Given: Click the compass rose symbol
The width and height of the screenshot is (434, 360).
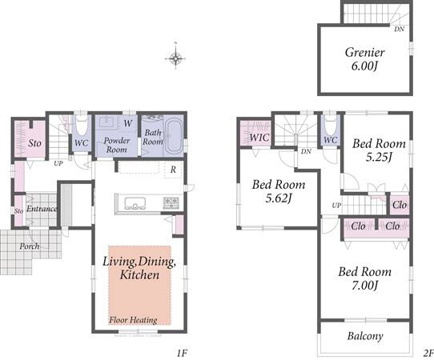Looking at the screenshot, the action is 175,58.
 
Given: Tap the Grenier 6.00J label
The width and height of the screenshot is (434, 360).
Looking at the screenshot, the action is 365,59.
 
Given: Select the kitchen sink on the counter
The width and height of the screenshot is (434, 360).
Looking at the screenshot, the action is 135,203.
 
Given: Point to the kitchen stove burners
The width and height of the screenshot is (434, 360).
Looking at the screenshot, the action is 171,202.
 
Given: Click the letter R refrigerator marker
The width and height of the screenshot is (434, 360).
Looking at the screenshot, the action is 173,170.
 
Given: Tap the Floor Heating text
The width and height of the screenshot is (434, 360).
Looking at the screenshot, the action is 133,320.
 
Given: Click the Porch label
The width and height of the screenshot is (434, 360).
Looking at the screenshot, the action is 30,246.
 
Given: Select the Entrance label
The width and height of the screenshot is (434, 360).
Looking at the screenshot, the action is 42,209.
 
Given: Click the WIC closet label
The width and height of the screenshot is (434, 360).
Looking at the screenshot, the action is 259,137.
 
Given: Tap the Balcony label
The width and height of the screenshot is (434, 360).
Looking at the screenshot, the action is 365,336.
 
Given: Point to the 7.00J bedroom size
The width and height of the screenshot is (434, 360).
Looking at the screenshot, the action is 365,286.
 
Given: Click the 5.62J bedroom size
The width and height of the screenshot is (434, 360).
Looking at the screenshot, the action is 279,198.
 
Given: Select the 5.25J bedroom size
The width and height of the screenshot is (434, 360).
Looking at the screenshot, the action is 379,157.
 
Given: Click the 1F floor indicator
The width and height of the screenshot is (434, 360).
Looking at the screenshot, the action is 182,353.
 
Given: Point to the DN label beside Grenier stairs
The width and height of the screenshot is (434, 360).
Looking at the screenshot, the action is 399,29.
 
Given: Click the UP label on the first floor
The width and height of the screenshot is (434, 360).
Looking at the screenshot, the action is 58,164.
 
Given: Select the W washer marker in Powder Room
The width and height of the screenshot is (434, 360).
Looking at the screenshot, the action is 128,123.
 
